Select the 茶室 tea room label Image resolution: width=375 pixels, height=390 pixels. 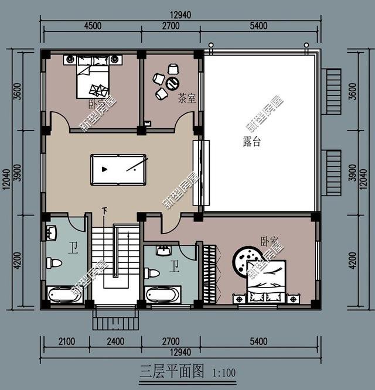186,100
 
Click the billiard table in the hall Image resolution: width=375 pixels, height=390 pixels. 118,169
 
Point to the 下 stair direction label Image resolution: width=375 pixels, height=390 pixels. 104,210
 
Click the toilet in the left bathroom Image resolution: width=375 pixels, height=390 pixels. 54,263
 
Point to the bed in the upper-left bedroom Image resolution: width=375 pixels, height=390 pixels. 93,78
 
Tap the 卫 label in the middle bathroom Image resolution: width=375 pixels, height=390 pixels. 174,268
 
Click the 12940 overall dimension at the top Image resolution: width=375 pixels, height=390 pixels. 180,14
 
